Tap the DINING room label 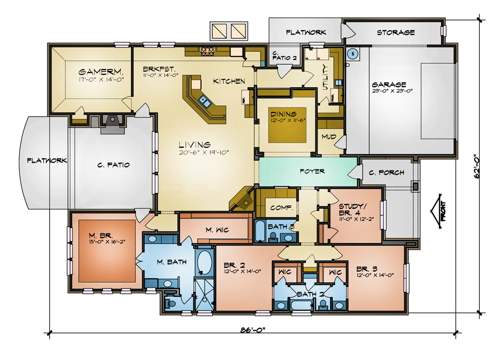283,114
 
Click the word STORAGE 396,32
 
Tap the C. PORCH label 387,172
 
